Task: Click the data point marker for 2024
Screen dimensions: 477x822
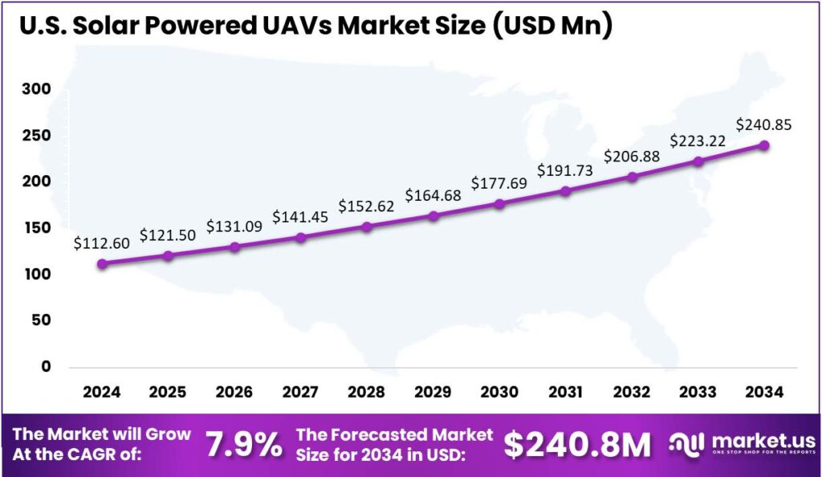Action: coord(101,263)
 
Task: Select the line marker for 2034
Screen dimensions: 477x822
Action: coord(764,145)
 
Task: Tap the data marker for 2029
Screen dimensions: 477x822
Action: coord(433,216)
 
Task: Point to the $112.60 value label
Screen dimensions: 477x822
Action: coord(101,243)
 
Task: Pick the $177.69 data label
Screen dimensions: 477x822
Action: coord(499,184)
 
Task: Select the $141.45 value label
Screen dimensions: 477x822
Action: coord(300,216)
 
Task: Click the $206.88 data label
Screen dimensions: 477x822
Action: coord(632,156)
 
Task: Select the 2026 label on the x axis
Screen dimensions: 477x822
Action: coord(234,392)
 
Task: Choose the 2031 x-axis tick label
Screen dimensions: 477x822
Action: coord(565,392)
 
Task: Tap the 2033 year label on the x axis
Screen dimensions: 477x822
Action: coord(698,392)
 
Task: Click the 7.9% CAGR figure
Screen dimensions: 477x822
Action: coord(244,444)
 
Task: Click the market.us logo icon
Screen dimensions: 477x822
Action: coord(688,444)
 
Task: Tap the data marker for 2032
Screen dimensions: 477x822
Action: coord(632,177)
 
